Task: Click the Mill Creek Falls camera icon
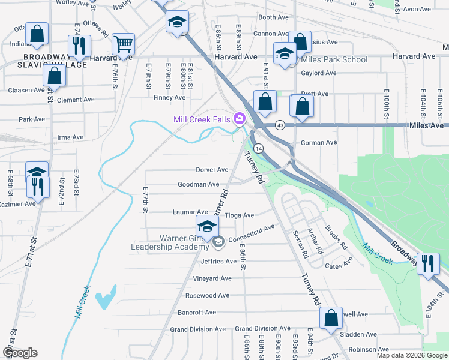point(240,119)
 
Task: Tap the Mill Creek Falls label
point(202,119)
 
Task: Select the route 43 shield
point(280,125)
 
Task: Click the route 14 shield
point(258,148)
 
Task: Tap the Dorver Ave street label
point(212,170)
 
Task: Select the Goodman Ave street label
point(198,184)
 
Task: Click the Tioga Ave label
point(239,215)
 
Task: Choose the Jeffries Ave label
point(218,261)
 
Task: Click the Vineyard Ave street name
point(212,278)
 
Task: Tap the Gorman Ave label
point(318,143)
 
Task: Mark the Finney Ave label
point(169,97)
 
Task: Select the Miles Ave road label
point(426,125)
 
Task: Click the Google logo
point(20,353)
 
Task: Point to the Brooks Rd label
point(336,237)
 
